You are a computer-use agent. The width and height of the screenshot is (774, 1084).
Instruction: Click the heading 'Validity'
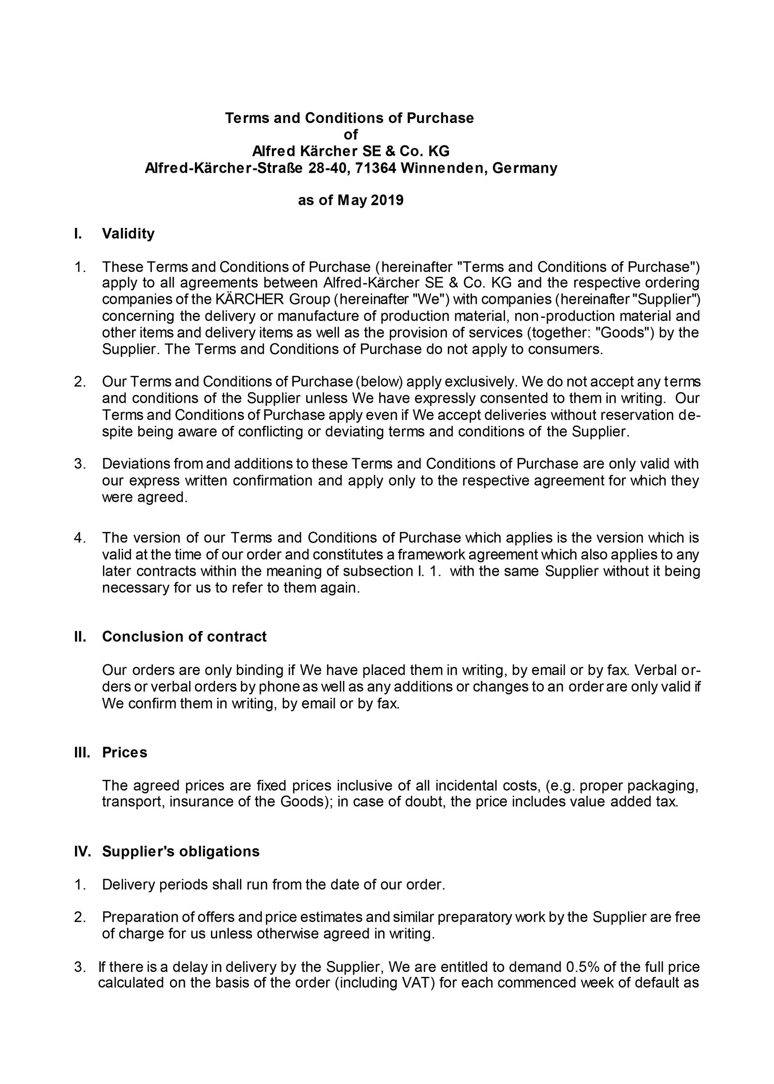point(128,234)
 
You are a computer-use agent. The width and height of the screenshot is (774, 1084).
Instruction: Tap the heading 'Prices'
point(124,753)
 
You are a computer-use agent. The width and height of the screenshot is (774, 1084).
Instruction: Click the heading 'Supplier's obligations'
point(180,851)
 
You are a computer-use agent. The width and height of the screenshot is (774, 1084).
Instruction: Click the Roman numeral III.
point(82,753)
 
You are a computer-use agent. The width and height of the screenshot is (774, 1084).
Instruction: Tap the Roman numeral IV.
point(82,851)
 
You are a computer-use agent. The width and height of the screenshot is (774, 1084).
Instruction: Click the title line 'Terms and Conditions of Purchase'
point(349,118)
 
